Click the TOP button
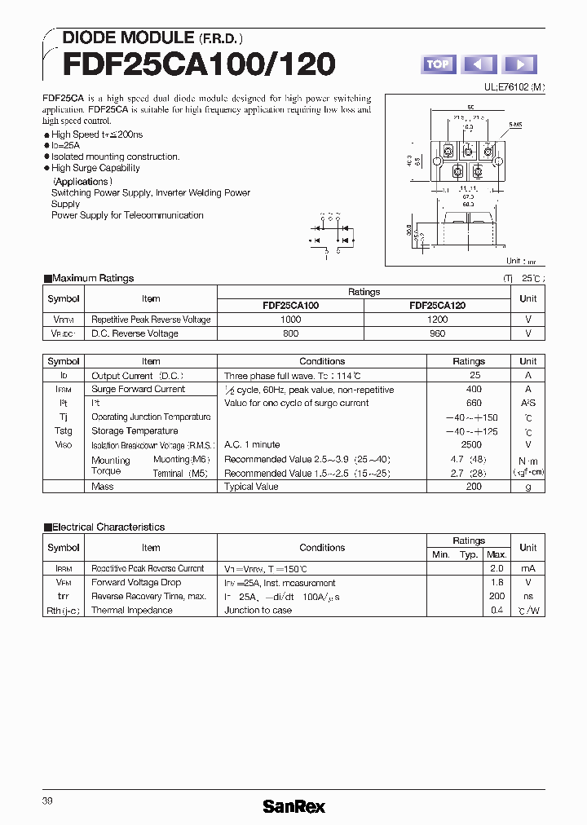pyautogui.click(x=438, y=64)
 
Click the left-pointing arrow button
pyautogui.click(x=479, y=64)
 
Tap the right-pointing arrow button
pyautogui.click(x=520, y=64)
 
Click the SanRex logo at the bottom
pyautogui.click(x=293, y=806)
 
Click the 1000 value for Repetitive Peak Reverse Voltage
pyautogui.click(x=290, y=320)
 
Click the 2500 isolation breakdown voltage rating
pyautogui.click(x=474, y=445)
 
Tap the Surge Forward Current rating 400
pyautogui.click(x=474, y=390)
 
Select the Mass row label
pyautogui.click(x=103, y=487)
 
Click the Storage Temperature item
pyautogui.click(x=135, y=431)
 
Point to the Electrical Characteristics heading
pyautogui.click(x=108, y=527)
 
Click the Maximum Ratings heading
pyautogui.click(x=92, y=279)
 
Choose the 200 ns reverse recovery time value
pyautogui.click(x=497, y=597)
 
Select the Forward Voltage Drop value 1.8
pyautogui.click(x=497, y=583)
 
